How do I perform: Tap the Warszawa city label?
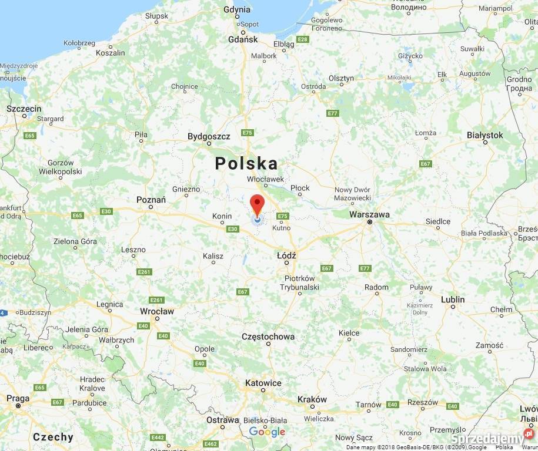click(369, 214)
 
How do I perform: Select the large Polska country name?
click(246, 163)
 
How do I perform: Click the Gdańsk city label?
click(243, 39)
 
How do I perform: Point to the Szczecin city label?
click(24, 109)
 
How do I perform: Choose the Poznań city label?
click(151, 200)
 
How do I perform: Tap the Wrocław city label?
click(157, 311)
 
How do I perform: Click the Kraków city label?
click(312, 399)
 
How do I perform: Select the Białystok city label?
click(484, 135)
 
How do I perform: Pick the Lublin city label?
click(453, 299)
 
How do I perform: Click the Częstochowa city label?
click(268, 336)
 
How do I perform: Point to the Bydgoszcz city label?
click(209, 136)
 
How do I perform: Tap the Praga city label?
click(18, 398)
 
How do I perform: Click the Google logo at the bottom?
click(267, 432)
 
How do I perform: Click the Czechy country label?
click(53, 437)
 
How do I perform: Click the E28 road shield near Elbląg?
click(303, 39)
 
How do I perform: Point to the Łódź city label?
click(286, 255)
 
